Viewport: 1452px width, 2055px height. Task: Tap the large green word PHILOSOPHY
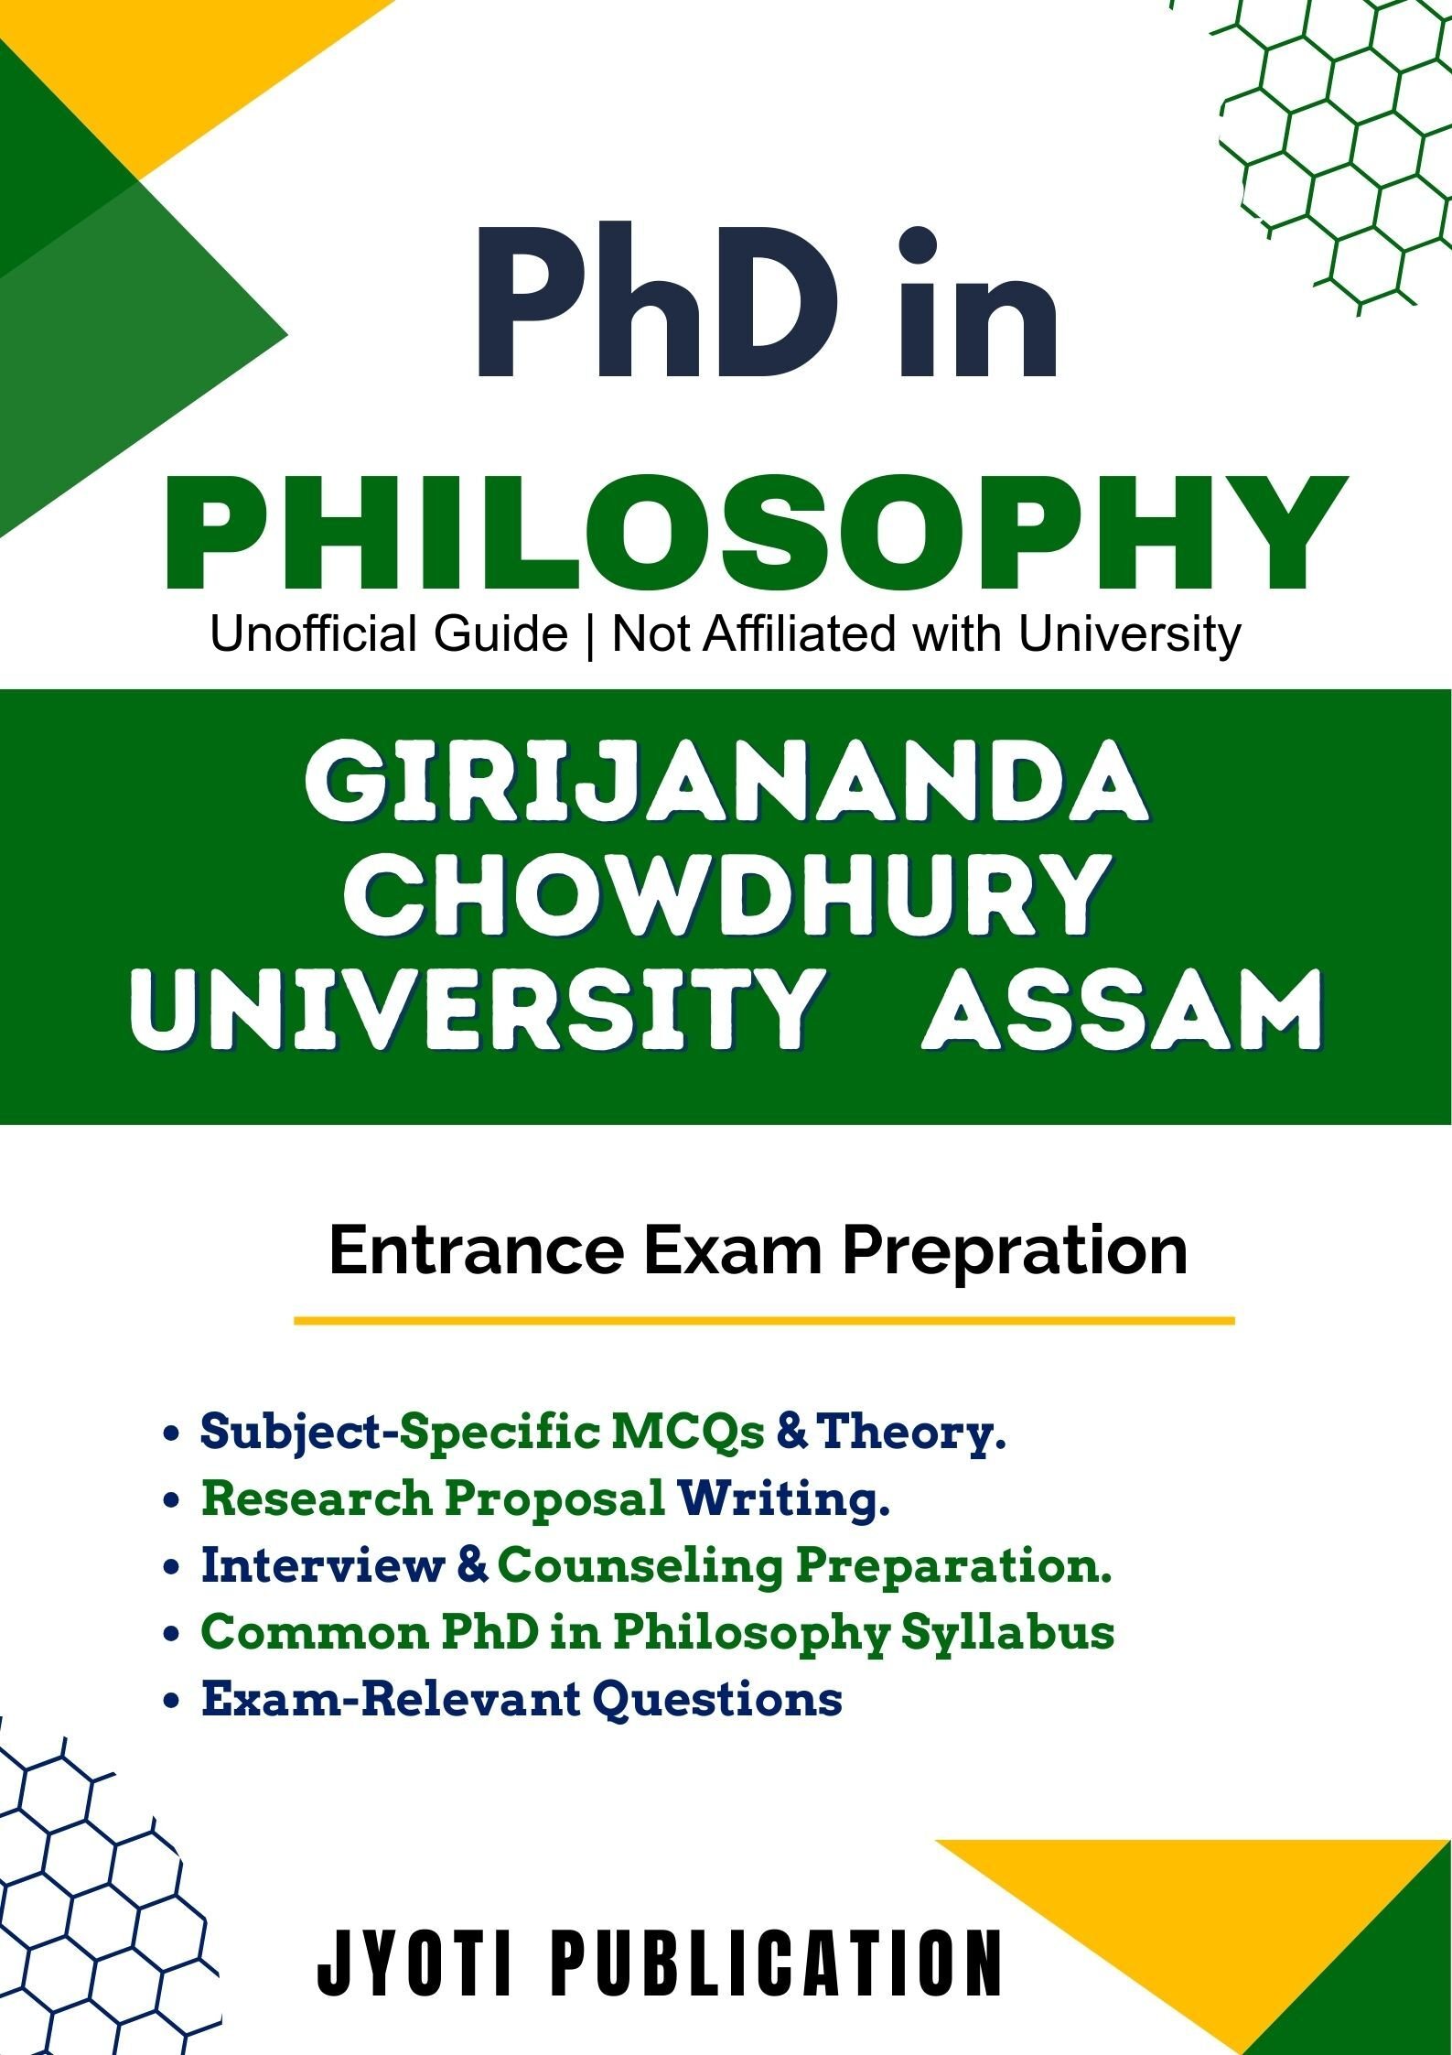tap(756, 533)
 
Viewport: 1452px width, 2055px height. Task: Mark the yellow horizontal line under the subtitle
tap(764, 1321)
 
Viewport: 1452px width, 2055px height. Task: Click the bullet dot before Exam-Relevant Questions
tap(169, 1702)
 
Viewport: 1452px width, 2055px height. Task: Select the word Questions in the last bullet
tap(717, 1699)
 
